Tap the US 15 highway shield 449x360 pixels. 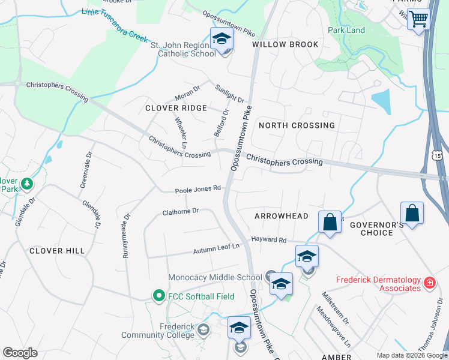(x=438, y=155)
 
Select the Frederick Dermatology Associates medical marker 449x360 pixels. (x=429, y=282)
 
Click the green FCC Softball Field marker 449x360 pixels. (x=158, y=295)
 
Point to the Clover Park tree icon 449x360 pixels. (x=26, y=183)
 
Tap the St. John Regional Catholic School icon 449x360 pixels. (x=221, y=40)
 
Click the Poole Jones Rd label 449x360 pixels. (x=198, y=190)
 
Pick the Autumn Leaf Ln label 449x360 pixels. (x=216, y=248)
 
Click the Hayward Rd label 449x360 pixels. (x=268, y=239)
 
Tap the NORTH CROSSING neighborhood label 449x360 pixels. (x=297, y=125)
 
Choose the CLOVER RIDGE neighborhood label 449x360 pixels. (x=176, y=108)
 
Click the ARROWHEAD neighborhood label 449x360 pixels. (x=281, y=215)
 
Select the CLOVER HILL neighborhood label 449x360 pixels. (x=57, y=250)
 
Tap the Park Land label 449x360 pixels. (x=346, y=30)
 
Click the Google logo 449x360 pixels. (x=20, y=353)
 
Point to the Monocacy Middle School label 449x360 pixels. (x=215, y=277)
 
